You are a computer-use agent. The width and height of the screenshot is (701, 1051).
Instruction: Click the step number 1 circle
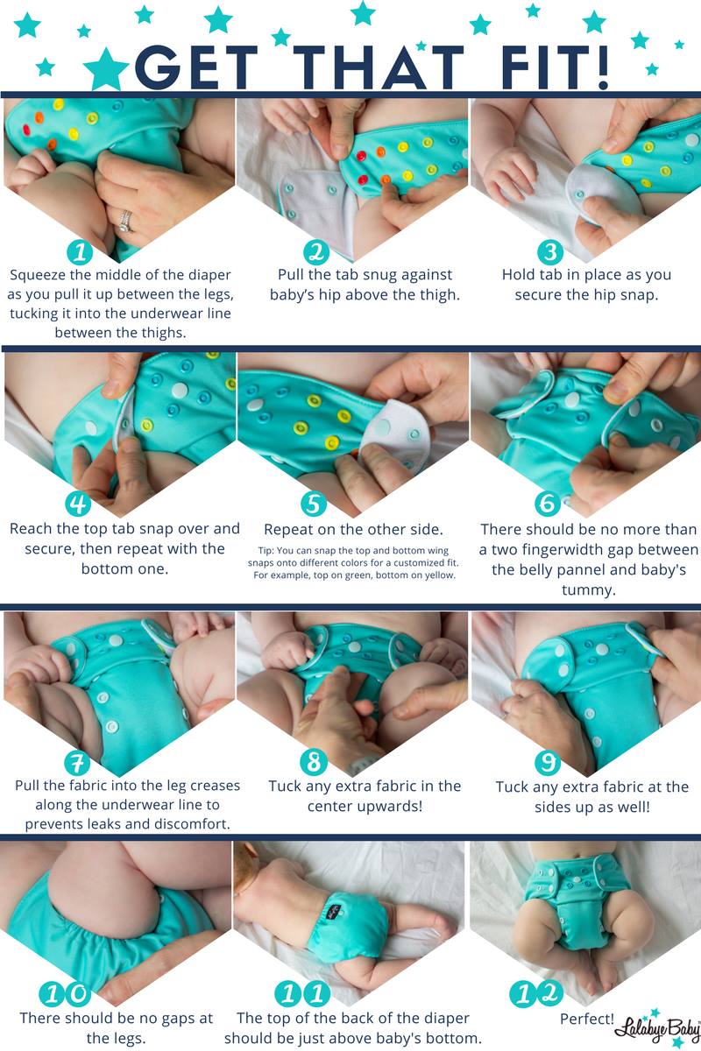[x=80, y=252]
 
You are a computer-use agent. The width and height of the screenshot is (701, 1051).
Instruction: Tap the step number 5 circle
[x=314, y=504]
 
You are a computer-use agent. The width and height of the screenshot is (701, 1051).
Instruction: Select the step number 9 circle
[x=548, y=762]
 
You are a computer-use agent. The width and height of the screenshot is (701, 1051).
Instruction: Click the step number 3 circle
[x=550, y=252]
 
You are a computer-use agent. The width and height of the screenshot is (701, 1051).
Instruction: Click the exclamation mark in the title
[x=601, y=67]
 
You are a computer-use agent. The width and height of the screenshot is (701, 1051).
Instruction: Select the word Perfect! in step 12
[x=586, y=1019]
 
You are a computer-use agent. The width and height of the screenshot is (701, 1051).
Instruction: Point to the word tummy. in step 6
[x=588, y=590]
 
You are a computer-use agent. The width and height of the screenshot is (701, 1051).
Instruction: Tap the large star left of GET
[x=106, y=68]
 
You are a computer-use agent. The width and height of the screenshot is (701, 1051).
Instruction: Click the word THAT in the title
[x=379, y=67]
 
